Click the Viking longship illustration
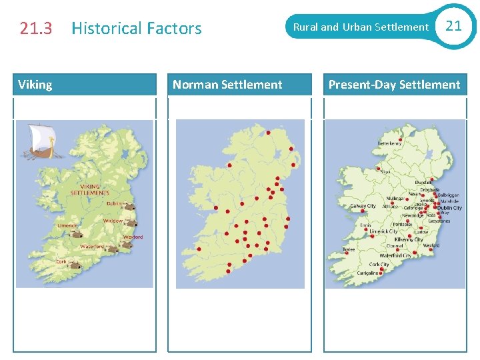pos(38,143)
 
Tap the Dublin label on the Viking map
pos(115,204)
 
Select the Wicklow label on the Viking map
pos(113,221)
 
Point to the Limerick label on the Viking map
pos(67,225)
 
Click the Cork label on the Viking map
pos(61,262)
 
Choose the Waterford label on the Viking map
pos(92,246)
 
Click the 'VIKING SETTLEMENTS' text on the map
pos(89,190)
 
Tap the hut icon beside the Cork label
pos(75,265)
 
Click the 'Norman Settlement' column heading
pos(227,85)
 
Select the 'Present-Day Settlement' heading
pos(394,85)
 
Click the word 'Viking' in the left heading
pos(35,85)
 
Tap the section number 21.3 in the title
pos(36,29)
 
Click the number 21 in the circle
pos(453,26)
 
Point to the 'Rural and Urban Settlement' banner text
pos(361,27)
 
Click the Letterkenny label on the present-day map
pos(390,143)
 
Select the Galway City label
pos(363,207)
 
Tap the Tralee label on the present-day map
pos(349,250)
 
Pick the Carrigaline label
pos(367,273)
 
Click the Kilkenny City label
pos(409,239)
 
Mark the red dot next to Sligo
pos(377,169)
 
